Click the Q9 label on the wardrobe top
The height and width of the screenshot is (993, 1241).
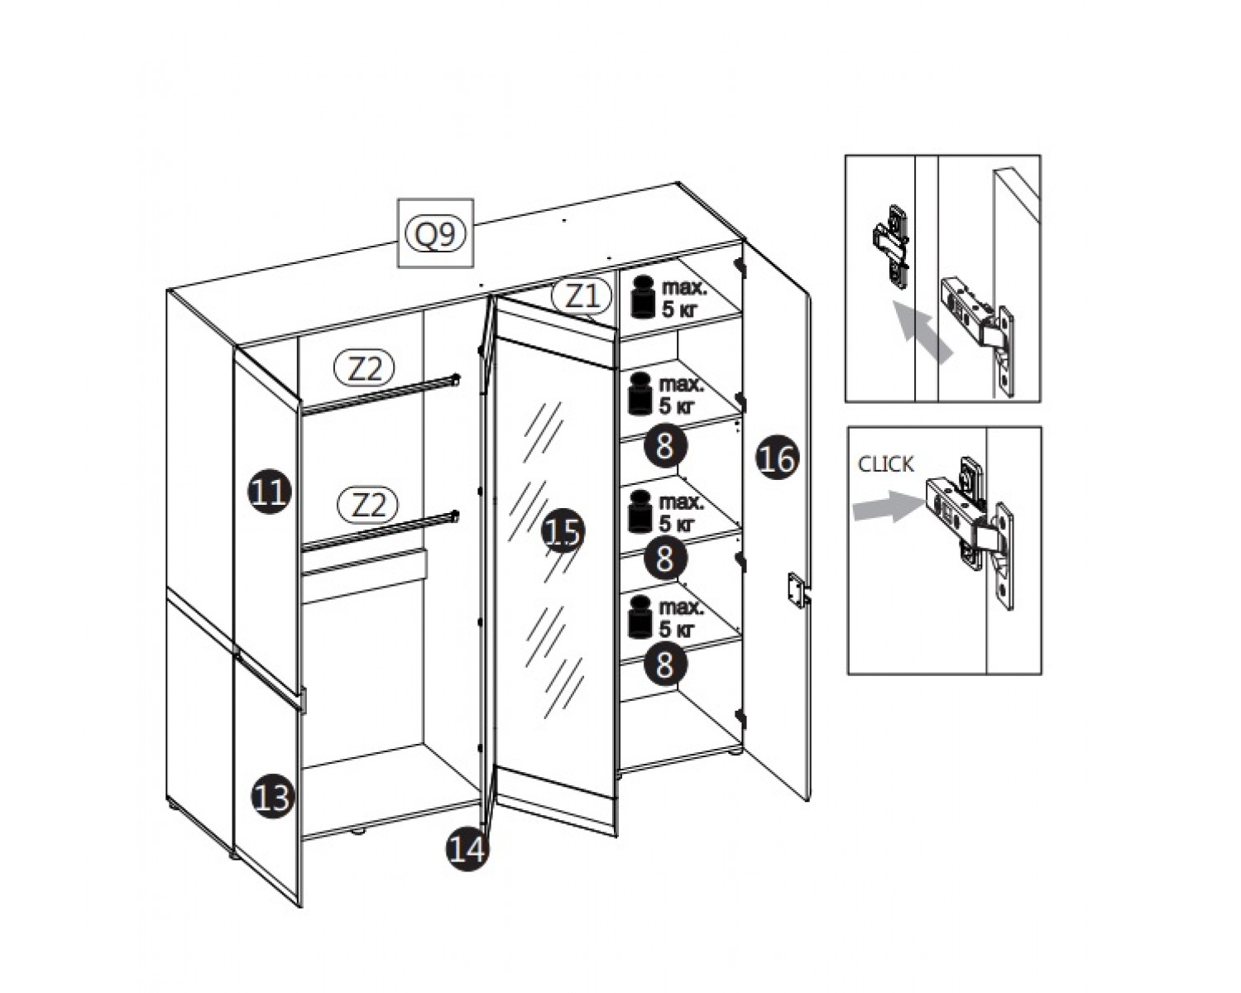(x=435, y=233)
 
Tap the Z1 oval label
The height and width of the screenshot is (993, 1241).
(x=581, y=297)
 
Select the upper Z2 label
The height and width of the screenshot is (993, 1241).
(x=365, y=367)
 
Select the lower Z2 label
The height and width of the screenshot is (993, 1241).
(x=367, y=504)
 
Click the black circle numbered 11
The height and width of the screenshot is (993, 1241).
(x=270, y=492)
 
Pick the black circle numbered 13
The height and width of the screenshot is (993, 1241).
(x=272, y=797)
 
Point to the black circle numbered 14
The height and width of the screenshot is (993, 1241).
(x=467, y=849)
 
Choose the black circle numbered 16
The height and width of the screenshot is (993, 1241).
(x=778, y=458)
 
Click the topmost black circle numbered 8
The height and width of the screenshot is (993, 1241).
(x=665, y=446)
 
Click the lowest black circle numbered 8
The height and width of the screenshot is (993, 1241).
(x=665, y=663)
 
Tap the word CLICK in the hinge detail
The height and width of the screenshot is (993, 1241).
(x=885, y=464)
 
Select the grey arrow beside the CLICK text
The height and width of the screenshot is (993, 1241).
(x=888, y=506)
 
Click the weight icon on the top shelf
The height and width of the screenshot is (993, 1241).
(x=643, y=297)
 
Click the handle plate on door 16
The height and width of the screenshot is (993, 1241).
(x=797, y=590)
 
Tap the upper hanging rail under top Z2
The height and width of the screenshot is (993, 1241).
(x=381, y=395)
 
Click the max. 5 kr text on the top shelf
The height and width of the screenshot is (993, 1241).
(x=684, y=298)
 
